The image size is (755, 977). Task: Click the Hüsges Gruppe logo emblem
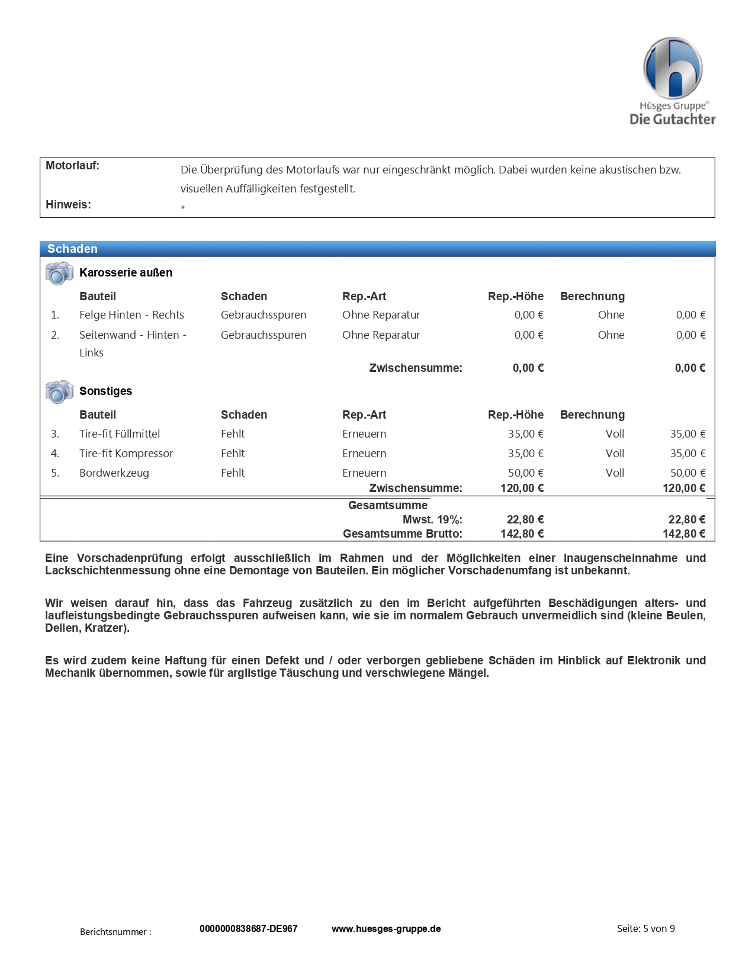tap(673, 68)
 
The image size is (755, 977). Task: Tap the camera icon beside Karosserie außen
tap(59, 274)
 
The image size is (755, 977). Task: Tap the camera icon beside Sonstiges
tap(59, 392)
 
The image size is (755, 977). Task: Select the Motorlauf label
tap(72, 166)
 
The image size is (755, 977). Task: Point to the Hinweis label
tap(68, 205)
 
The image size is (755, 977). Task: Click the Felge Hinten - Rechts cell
tap(131, 315)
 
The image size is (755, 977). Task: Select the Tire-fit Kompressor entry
tap(126, 454)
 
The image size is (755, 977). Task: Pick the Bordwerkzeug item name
tap(114, 473)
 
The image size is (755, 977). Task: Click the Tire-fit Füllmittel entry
tap(120, 434)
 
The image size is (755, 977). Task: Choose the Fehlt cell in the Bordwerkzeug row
tap(233, 473)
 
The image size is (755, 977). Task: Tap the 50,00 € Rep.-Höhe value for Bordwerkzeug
tap(525, 473)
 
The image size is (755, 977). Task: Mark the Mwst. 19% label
tap(432, 520)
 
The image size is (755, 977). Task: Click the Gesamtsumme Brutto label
tap(402, 534)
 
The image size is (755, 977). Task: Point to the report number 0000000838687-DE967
tap(249, 929)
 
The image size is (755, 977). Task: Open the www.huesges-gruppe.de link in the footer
tap(386, 929)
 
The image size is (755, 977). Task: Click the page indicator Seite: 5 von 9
tap(645, 928)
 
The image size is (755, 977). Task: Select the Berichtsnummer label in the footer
tap(115, 932)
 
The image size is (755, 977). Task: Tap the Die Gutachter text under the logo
tap(672, 120)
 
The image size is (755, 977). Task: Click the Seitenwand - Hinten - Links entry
tap(133, 343)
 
